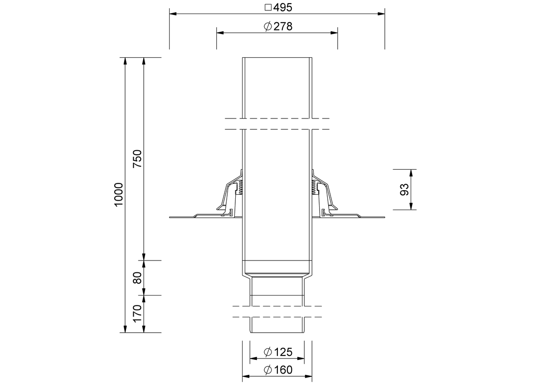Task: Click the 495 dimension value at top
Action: (283, 8)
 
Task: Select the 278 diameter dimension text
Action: (283, 26)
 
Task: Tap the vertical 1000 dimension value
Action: (119, 195)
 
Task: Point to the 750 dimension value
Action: (137, 158)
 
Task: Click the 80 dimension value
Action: (137, 278)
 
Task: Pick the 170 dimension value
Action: (137, 313)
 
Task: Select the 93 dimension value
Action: (404, 189)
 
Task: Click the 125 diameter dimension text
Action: (283, 352)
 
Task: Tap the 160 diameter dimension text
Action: (283, 370)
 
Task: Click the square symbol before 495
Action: (268, 8)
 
